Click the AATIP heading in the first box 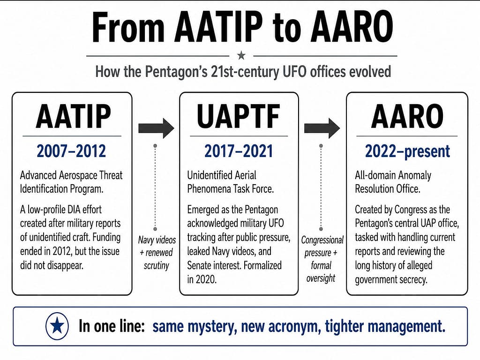[x=73, y=116]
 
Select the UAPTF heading [x=239, y=116]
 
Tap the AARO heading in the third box [x=407, y=116]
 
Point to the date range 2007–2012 [x=71, y=151]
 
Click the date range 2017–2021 [x=239, y=151]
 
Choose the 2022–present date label [x=407, y=151]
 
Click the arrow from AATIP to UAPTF [x=156, y=128]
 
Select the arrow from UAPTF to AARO [x=322, y=128]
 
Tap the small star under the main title [x=241, y=55]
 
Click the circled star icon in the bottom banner [x=57, y=326]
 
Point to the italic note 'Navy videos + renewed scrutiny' [x=157, y=253]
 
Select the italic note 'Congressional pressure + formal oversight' [x=322, y=259]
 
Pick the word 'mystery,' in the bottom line [x=212, y=326]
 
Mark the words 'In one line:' [x=112, y=326]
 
